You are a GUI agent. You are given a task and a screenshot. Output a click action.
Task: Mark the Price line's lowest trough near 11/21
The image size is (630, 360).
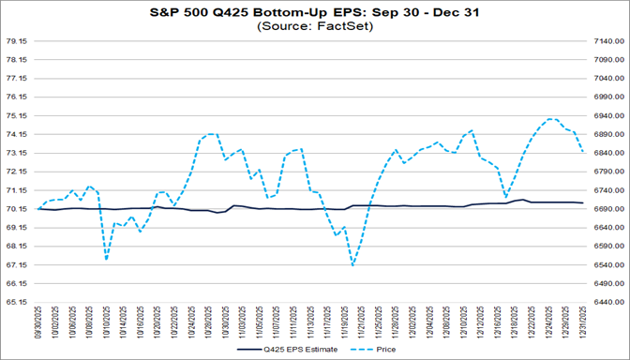coord(352,265)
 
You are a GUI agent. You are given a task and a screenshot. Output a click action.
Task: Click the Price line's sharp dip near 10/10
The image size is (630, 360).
coord(106,259)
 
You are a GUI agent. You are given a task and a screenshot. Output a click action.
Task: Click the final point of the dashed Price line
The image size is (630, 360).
coord(583,152)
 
